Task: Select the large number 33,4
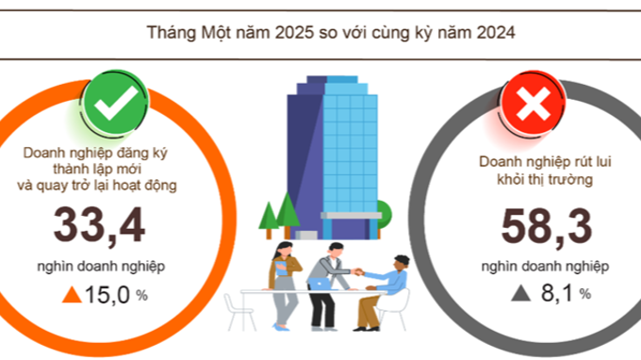(x=100, y=226)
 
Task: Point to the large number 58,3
(x=547, y=227)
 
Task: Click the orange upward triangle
(x=71, y=295)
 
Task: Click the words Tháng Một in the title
(x=185, y=33)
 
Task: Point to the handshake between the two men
(x=359, y=274)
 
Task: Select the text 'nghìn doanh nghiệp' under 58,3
(x=547, y=266)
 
